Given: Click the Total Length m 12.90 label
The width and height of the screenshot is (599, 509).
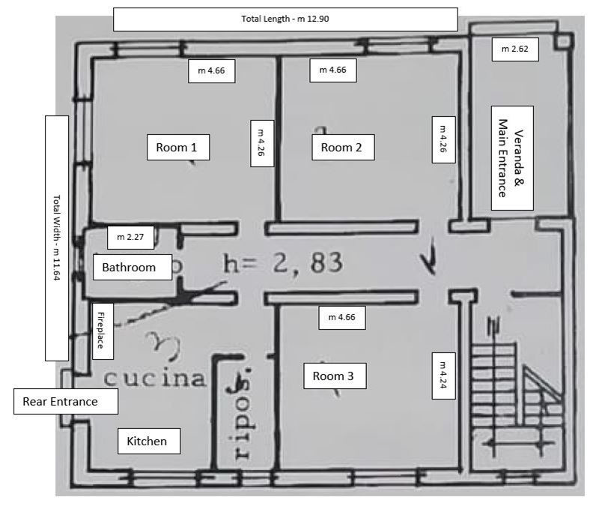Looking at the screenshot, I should (x=285, y=19).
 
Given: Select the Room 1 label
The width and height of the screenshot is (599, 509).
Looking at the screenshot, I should (x=177, y=148).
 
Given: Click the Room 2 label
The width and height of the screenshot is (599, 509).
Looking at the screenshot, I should (x=341, y=148).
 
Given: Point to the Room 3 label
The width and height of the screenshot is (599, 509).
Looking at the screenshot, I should (x=333, y=376).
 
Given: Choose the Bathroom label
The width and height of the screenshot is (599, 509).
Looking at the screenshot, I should (x=129, y=267).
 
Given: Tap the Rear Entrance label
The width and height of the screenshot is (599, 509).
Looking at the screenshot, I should (x=66, y=402).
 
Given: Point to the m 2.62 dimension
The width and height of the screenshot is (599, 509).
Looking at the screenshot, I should (x=510, y=49).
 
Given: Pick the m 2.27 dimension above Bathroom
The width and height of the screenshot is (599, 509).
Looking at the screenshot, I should (x=130, y=238).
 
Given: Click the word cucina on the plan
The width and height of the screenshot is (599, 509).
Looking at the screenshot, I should (x=154, y=379).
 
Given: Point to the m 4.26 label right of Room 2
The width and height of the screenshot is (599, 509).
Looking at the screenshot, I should (x=443, y=139).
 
